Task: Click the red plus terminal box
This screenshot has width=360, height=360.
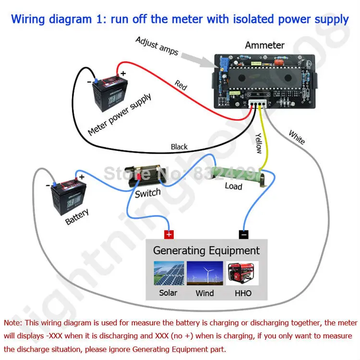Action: [168, 234]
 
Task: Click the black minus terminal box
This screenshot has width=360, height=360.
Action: [244, 234]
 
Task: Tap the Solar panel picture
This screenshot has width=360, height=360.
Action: [168, 273]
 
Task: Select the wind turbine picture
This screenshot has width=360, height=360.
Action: [205, 273]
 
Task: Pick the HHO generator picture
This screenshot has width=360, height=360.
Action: [242, 273]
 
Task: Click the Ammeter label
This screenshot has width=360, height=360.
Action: [264, 45]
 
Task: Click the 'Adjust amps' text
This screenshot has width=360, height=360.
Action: [157, 46]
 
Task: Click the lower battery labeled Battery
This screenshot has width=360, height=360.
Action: [66, 196]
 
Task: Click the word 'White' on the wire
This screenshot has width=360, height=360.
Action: [297, 137]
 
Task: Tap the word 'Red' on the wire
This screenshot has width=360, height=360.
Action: [180, 85]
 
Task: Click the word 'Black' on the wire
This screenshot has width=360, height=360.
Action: [179, 147]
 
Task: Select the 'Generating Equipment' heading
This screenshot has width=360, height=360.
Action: [206, 250]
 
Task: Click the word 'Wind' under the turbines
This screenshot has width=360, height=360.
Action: [205, 293]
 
